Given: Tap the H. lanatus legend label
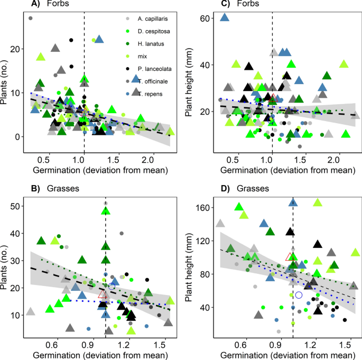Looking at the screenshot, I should [147, 43].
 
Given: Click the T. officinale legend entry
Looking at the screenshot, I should [150, 80].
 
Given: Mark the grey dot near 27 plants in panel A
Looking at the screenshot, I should [31, 18].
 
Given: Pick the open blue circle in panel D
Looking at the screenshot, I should [299, 294].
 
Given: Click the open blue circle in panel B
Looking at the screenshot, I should [112, 287].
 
